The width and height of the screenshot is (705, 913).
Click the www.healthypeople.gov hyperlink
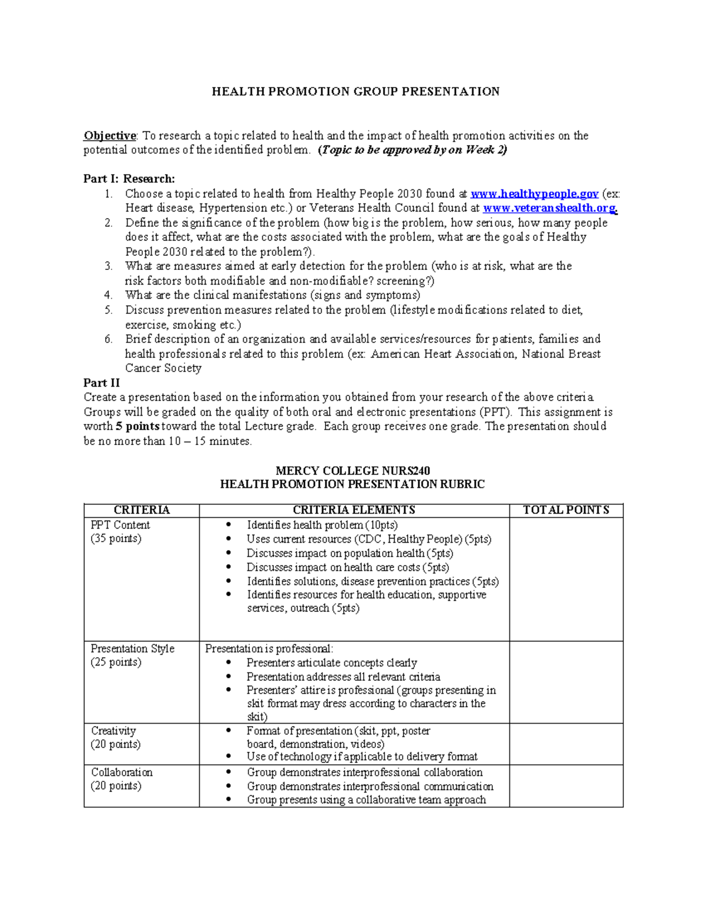click(x=534, y=193)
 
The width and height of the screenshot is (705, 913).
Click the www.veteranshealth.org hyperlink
click(x=549, y=208)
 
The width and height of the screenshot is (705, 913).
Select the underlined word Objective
click(x=109, y=136)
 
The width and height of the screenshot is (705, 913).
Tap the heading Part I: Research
click(x=129, y=179)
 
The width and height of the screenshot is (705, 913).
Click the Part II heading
click(x=102, y=383)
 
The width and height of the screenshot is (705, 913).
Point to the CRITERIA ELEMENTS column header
click(x=354, y=510)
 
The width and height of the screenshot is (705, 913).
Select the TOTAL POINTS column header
click(x=566, y=510)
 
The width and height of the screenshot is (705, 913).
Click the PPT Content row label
click(x=120, y=525)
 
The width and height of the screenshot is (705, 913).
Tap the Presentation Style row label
click(x=132, y=648)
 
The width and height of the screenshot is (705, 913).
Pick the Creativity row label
click(x=113, y=731)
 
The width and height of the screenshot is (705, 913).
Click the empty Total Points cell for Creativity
click(x=566, y=744)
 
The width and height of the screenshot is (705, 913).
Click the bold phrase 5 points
click(x=137, y=426)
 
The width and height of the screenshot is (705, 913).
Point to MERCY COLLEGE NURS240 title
click(x=352, y=471)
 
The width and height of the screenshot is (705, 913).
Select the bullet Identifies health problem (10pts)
click(x=322, y=525)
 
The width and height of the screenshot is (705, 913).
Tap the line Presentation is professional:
click(x=268, y=648)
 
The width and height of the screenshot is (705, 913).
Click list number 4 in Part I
click(x=108, y=295)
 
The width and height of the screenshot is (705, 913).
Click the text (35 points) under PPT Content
click(x=116, y=539)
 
